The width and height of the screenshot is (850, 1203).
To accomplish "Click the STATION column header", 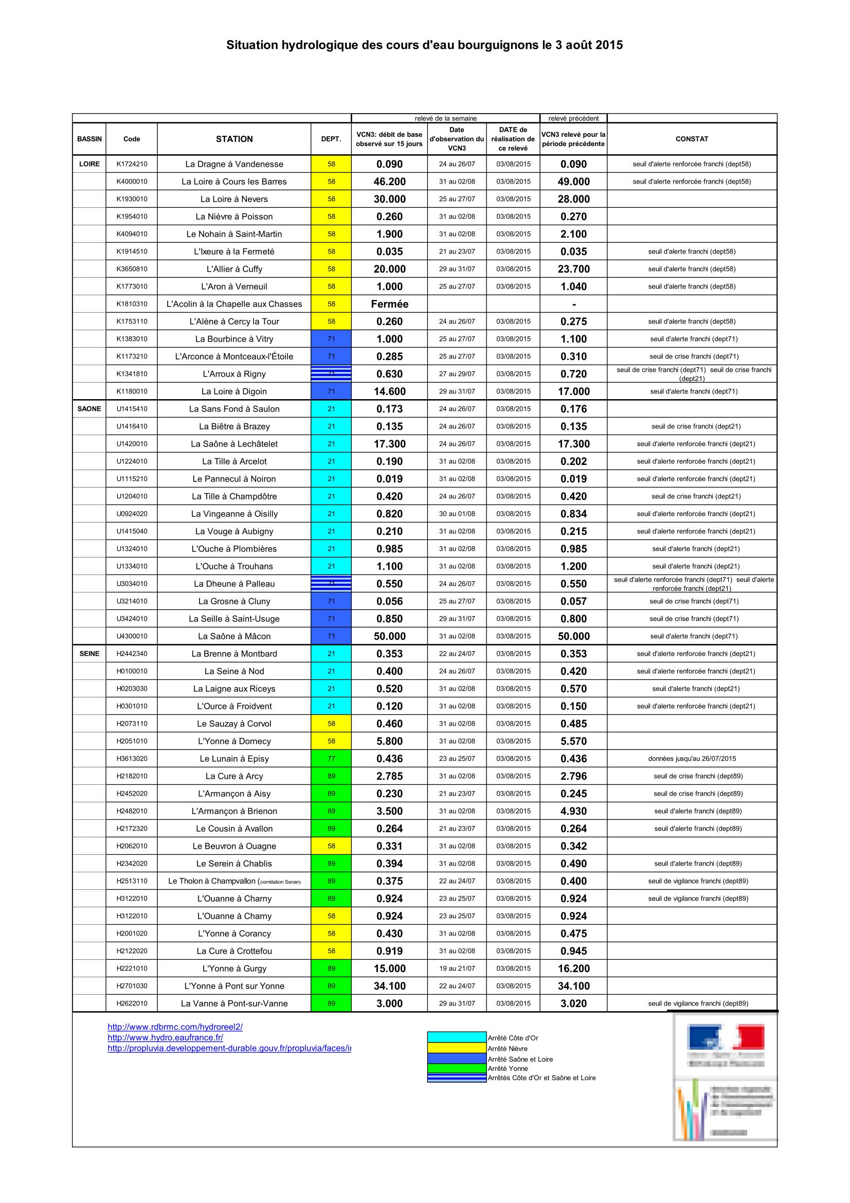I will [x=234, y=139].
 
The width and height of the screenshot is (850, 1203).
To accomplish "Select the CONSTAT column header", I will [x=691, y=139].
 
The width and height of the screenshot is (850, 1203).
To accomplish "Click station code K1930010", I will [x=132, y=199].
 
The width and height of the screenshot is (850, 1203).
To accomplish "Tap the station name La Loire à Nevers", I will [x=234, y=199].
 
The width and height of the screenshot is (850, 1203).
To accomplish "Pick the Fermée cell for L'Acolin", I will [x=389, y=304].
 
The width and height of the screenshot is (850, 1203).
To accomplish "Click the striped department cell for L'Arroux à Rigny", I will [x=331, y=373].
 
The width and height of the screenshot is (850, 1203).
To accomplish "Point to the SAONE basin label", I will [x=89, y=409].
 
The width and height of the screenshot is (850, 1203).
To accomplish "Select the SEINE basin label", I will [x=89, y=653].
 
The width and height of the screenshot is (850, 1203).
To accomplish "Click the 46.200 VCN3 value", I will [x=389, y=182].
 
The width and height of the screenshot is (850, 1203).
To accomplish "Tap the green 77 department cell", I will [x=331, y=759].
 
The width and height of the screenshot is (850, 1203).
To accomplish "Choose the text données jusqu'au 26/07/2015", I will [x=691, y=759].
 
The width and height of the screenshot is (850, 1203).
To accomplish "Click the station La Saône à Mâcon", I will [x=234, y=636].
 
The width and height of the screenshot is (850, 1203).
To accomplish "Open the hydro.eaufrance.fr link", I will [x=166, y=1037].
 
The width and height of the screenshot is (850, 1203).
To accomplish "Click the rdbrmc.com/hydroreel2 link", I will [x=175, y=1027].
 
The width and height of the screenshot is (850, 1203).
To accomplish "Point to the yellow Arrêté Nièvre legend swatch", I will [x=456, y=1048].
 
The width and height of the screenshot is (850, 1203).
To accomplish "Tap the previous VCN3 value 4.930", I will [x=573, y=811].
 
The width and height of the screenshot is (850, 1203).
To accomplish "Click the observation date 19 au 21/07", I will [x=457, y=968].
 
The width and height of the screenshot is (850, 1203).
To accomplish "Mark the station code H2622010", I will [x=132, y=1003].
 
